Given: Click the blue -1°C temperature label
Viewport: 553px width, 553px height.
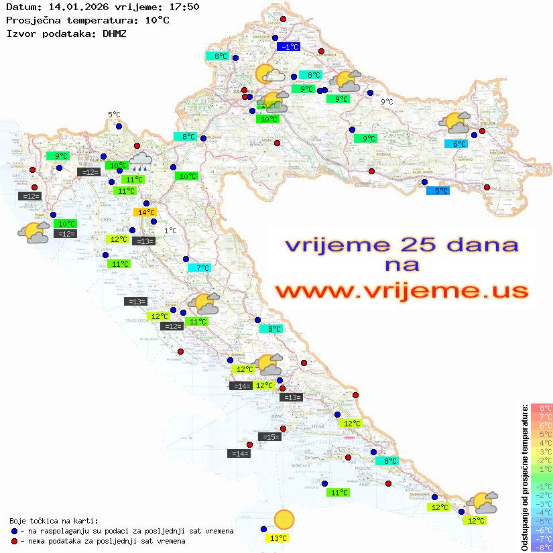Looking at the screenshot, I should (289, 47).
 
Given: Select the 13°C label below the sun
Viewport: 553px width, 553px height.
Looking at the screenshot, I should (278, 538).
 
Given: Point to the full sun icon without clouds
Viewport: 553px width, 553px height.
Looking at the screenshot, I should (284, 519).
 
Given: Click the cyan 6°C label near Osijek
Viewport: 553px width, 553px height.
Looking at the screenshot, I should (458, 143).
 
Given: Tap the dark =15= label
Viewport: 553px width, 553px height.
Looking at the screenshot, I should (269, 437).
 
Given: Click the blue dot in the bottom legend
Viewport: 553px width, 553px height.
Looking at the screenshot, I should (14, 531).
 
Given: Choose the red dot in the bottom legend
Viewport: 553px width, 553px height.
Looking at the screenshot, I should (14, 541).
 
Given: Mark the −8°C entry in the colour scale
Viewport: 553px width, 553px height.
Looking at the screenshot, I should (541, 547).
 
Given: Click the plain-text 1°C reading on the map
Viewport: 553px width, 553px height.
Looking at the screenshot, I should (170, 231).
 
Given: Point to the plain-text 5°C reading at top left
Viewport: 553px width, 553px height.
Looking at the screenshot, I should (114, 115).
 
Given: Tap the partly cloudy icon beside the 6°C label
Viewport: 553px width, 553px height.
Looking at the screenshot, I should (454, 123).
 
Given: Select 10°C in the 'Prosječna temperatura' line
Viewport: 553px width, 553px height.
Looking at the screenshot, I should (157, 20).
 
